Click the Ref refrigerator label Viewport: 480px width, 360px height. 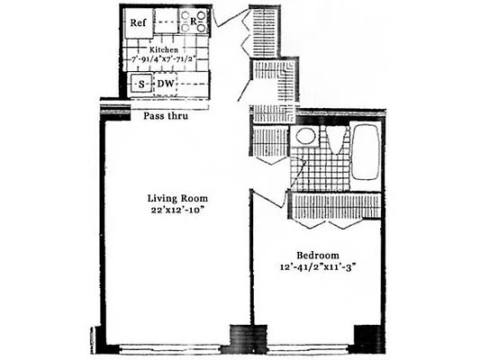[x=138, y=22]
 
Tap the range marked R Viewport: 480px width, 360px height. [x=193, y=21]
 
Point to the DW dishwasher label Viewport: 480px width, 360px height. [x=167, y=85]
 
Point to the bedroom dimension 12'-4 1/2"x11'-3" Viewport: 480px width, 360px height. [x=316, y=266]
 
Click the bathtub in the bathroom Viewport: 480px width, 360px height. [x=364, y=153]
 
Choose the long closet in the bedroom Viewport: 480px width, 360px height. [x=334, y=204]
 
